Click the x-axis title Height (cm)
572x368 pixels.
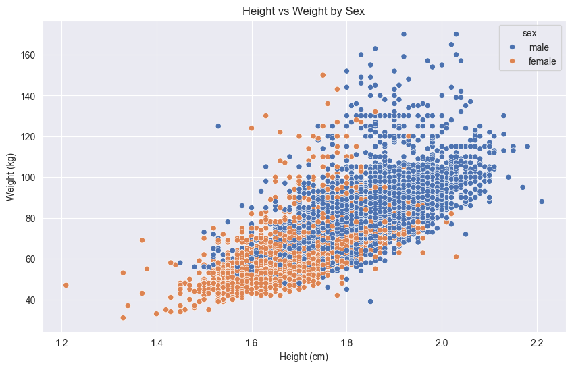(x=305, y=357)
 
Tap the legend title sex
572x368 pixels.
(x=519, y=32)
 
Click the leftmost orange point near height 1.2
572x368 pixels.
(x=66, y=285)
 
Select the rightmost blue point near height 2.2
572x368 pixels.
(x=542, y=201)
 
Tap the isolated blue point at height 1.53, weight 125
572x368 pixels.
(x=218, y=126)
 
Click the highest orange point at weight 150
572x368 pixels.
(x=323, y=75)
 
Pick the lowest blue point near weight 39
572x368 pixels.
(x=370, y=301)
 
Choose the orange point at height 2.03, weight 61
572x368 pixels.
(x=456, y=257)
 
